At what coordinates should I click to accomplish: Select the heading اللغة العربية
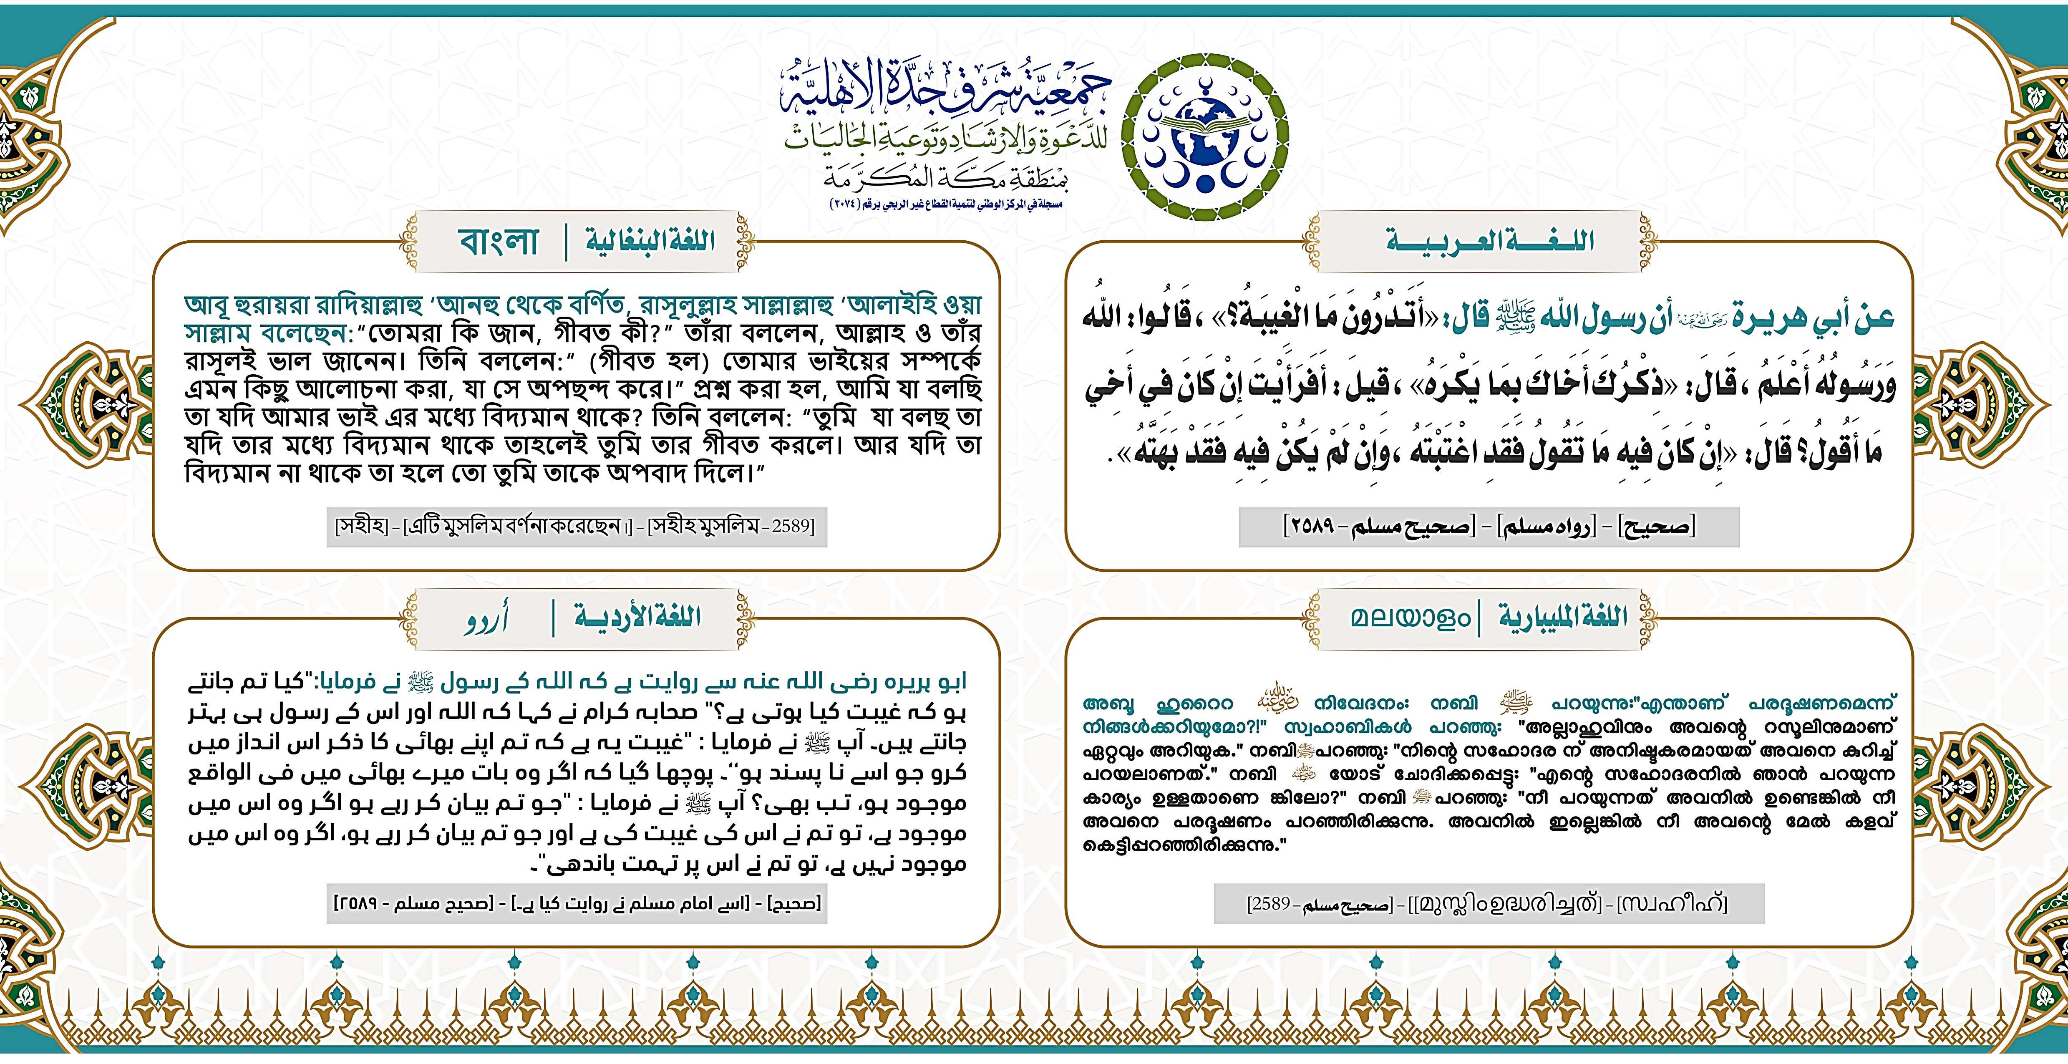[x=1489, y=241]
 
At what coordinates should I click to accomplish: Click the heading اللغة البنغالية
[x=650, y=241]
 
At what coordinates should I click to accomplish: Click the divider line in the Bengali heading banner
[x=566, y=241]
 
